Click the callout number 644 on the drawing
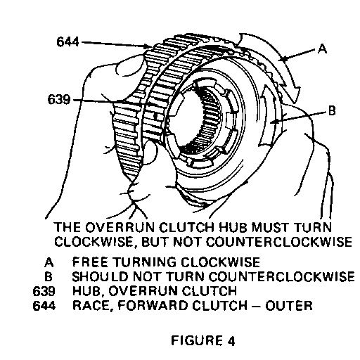click(x=67, y=42)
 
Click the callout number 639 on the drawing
click(x=59, y=99)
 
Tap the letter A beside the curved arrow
click(x=322, y=49)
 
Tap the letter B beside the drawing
click(x=332, y=110)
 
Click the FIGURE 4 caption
click(x=202, y=340)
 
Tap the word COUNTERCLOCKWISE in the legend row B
click(x=281, y=276)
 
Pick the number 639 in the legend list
click(x=44, y=291)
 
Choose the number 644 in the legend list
click(x=44, y=306)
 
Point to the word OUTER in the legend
click(x=289, y=306)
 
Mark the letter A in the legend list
click(x=49, y=262)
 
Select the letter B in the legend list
click(x=49, y=276)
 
